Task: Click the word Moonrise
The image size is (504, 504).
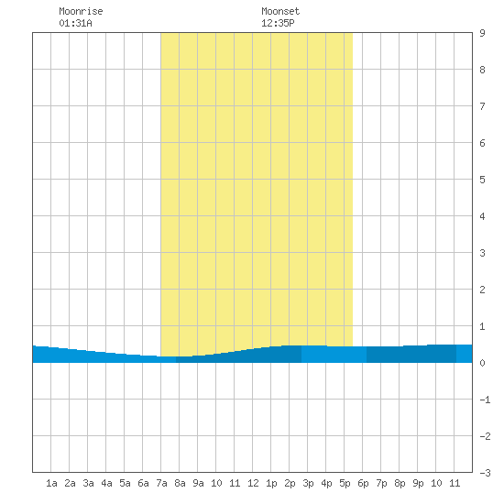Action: (x=81, y=11)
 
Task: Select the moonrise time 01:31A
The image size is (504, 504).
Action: (x=75, y=23)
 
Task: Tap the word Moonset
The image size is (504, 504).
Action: (x=280, y=11)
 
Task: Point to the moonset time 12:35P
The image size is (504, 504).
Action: (x=278, y=23)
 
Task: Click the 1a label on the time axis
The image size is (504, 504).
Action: (x=51, y=483)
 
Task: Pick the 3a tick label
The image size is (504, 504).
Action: (x=88, y=483)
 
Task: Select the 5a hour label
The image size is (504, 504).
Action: (x=125, y=483)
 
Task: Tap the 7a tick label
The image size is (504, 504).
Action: (x=161, y=483)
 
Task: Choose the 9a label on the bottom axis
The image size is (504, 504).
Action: (x=198, y=483)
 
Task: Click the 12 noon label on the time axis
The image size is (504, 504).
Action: (x=253, y=483)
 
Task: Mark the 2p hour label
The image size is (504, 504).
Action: (x=290, y=483)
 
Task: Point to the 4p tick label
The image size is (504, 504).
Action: (x=326, y=483)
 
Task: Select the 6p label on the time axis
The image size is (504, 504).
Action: (x=363, y=483)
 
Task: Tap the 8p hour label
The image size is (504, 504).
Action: (x=400, y=483)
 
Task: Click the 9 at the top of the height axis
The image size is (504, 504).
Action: (x=482, y=33)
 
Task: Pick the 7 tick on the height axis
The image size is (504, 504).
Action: (x=482, y=106)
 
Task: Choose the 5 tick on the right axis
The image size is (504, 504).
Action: (x=482, y=180)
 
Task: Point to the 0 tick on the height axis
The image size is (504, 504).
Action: (x=482, y=363)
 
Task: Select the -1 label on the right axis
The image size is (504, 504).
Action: (x=485, y=400)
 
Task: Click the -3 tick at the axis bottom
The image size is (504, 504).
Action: (x=485, y=473)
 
